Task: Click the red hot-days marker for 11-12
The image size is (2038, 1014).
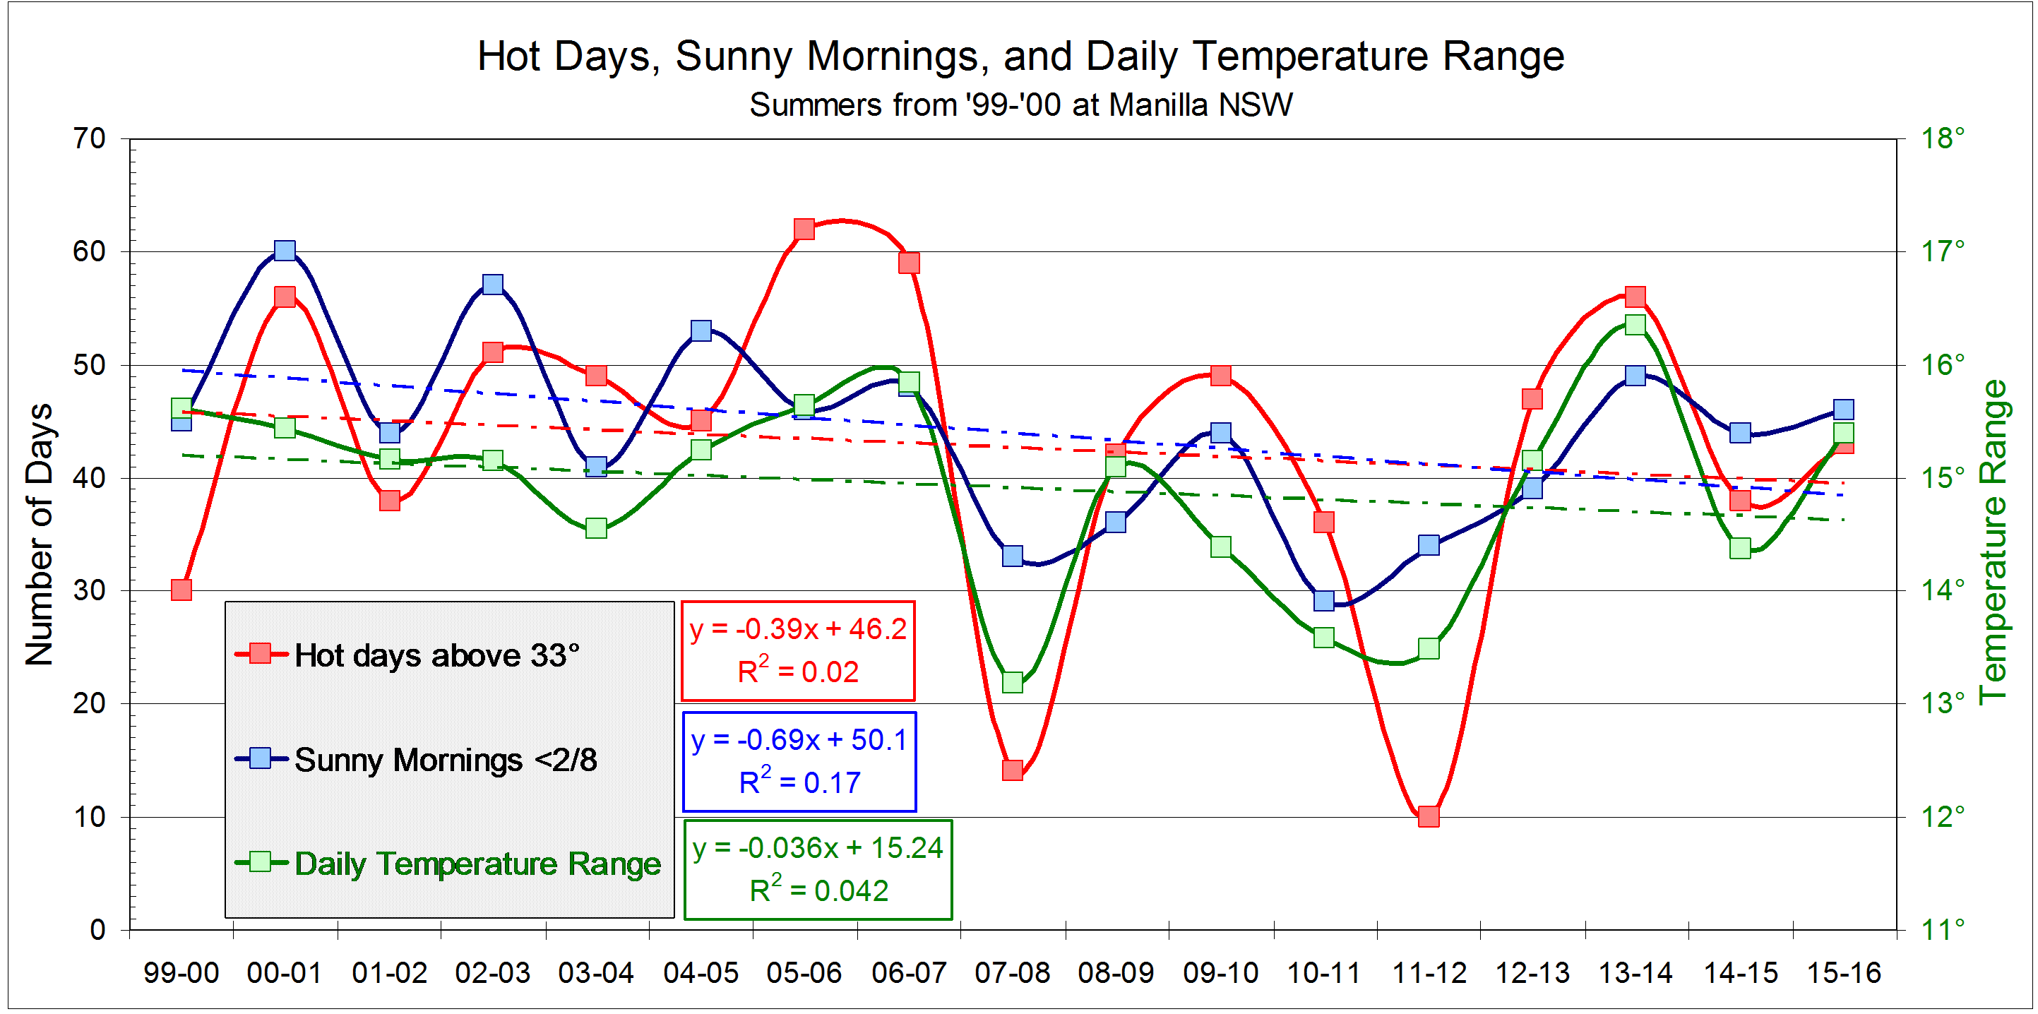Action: click(x=1428, y=816)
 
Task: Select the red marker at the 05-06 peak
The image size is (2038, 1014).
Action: click(x=804, y=229)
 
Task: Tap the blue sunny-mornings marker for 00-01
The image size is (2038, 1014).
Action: click(x=285, y=251)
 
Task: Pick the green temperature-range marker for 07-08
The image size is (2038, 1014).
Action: click(x=1012, y=682)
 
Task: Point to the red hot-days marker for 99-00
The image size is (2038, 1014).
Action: click(x=181, y=590)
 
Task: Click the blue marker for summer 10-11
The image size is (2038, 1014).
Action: click(x=1323, y=601)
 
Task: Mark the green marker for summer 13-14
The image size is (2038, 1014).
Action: click(x=1635, y=324)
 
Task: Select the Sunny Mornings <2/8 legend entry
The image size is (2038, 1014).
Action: click(x=445, y=760)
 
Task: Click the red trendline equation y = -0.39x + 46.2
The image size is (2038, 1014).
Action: click(x=797, y=628)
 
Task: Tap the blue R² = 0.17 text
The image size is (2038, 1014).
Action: click(x=799, y=782)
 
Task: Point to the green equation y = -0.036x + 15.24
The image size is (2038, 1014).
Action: click(x=817, y=848)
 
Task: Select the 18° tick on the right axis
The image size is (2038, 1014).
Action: click(x=1942, y=138)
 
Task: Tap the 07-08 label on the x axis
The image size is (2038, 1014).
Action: click(x=1012, y=973)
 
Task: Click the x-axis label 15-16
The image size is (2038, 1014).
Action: click(x=1843, y=973)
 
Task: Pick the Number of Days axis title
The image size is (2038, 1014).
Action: click(x=39, y=535)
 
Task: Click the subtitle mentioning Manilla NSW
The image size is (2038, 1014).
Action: click(x=1020, y=105)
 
